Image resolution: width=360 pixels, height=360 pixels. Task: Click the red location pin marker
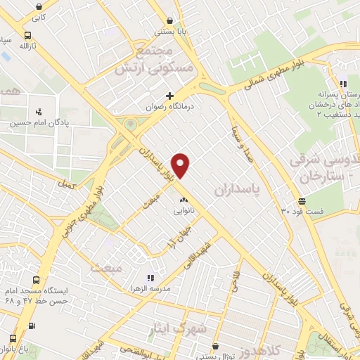[x=181, y=165]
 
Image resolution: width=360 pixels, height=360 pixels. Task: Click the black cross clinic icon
[x=169, y=96]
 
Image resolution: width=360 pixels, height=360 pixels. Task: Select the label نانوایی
[x=184, y=210]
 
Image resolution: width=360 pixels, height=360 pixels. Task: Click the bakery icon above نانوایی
[x=184, y=200]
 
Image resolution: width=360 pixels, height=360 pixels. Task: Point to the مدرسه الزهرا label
[x=129, y=288]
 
